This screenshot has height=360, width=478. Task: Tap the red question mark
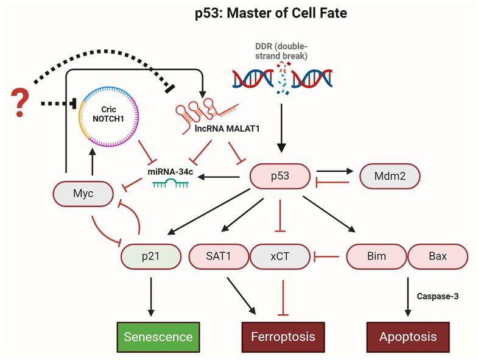click(x=22, y=103)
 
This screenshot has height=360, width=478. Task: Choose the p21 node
click(x=152, y=256)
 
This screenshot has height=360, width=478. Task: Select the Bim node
click(x=376, y=256)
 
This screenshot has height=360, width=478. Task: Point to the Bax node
click(x=437, y=256)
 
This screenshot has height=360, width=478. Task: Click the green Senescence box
click(x=159, y=336)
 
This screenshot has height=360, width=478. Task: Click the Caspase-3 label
click(x=437, y=297)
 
